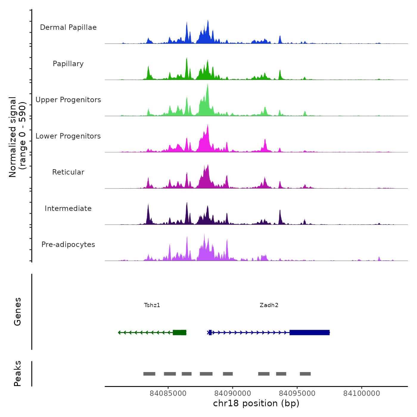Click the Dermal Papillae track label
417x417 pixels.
click(68, 27)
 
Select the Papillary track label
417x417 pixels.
click(68, 64)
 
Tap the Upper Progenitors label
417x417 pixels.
click(68, 100)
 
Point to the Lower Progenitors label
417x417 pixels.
click(68, 136)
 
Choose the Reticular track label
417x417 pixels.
click(68, 172)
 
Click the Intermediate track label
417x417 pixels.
click(68, 208)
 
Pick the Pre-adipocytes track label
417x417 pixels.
click(68, 245)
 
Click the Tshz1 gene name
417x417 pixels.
click(152, 305)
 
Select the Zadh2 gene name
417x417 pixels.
click(269, 305)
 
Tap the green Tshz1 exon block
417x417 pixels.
click(179, 332)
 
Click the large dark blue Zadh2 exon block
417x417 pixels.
click(309, 332)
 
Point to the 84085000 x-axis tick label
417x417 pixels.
click(168, 393)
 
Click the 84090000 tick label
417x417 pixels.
click(233, 393)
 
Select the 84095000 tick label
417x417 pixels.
click(297, 393)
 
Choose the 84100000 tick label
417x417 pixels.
click(362, 393)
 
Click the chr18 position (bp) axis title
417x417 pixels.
click(256, 403)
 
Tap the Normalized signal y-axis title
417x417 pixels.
click(17, 137)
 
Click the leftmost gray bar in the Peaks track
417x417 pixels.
click(149, 374)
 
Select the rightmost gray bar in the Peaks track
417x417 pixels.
click(305, 374)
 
